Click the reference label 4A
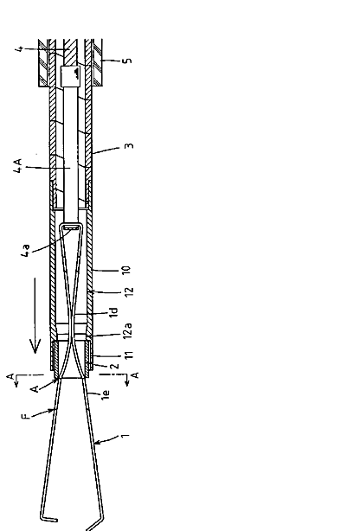pos(18,166)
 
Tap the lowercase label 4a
pos(26,250)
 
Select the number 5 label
pos(127,61)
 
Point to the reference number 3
pos(130,146)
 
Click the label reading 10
pos(125,270)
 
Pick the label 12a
pos(127,330)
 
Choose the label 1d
pos(113,312)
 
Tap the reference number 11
pos(129,355)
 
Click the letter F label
pos(26,416)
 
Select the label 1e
pos(106,394)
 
